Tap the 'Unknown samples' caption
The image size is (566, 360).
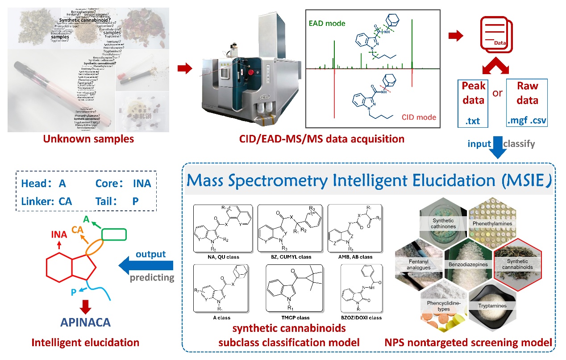(88, 139)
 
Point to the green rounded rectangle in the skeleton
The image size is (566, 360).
(114, 234)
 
